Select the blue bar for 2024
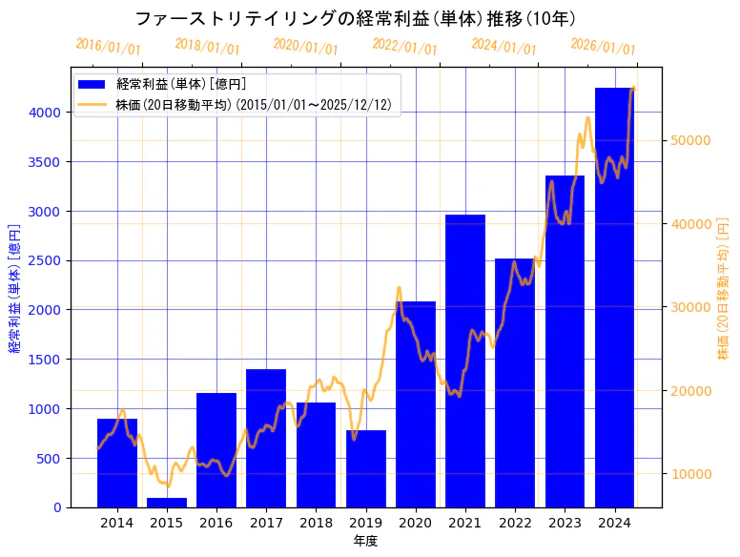pyautogui.click(x=614, y=297)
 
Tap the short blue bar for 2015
pyautogui.click(x=167, y=503)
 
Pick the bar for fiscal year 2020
pyautogui.click(x=415, y=404)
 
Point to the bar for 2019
pyautogui.click(x=365, y=468)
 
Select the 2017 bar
pyautogui.click(x=266, y=438)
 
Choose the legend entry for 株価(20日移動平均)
pyautogui.click(x=253, y=104)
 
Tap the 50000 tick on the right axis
pyautogui.click(x=689, y=140)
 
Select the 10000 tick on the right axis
pyautogui.click(x=689, y=474)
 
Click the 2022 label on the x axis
pyautogui.click(x=515, y=523)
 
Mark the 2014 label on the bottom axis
pyautogui.click(x=117, y=523)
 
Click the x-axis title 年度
pyautogui.click(x=365, y=541)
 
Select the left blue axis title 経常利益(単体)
pyautogui.click(x=14, y=288)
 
